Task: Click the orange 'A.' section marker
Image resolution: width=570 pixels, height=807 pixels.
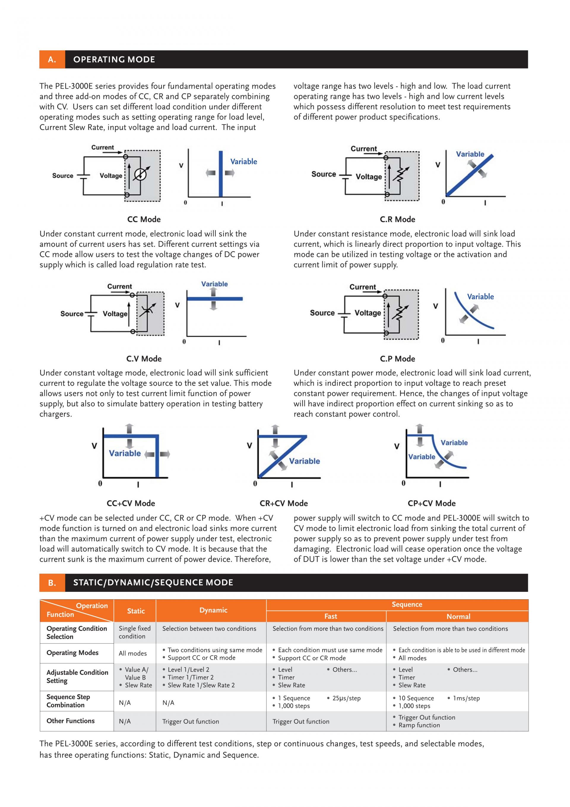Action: coord(52,59)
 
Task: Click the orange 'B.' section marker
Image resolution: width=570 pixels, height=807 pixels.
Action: coord(52,583)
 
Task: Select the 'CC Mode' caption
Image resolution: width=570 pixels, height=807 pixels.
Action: coord(144,219)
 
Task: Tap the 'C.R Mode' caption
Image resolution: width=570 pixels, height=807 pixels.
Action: coord(397,219)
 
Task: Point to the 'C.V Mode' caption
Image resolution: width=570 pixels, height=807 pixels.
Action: coord(144,359)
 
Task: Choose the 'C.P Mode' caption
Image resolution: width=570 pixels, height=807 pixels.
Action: coord(397,359)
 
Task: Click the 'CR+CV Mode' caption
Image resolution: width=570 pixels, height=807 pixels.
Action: coord(284,503)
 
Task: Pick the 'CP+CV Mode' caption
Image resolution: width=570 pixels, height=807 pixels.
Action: coord(431,503)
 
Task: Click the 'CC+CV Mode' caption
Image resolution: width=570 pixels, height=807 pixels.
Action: coord(131,503)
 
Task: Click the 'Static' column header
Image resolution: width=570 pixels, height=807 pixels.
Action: coord(136,611)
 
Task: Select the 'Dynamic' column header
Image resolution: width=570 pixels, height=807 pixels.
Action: coord(213,610)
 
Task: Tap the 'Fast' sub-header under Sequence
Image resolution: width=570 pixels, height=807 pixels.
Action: coord(330,616)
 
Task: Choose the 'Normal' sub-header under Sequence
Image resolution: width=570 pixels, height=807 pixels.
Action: coord(458,616)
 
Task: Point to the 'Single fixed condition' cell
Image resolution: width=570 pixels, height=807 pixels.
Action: coord(134,632)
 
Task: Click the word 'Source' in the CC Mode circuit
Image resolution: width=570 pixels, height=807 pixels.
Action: coord(63,176)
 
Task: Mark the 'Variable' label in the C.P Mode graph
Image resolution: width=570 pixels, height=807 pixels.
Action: coord(480,297)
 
